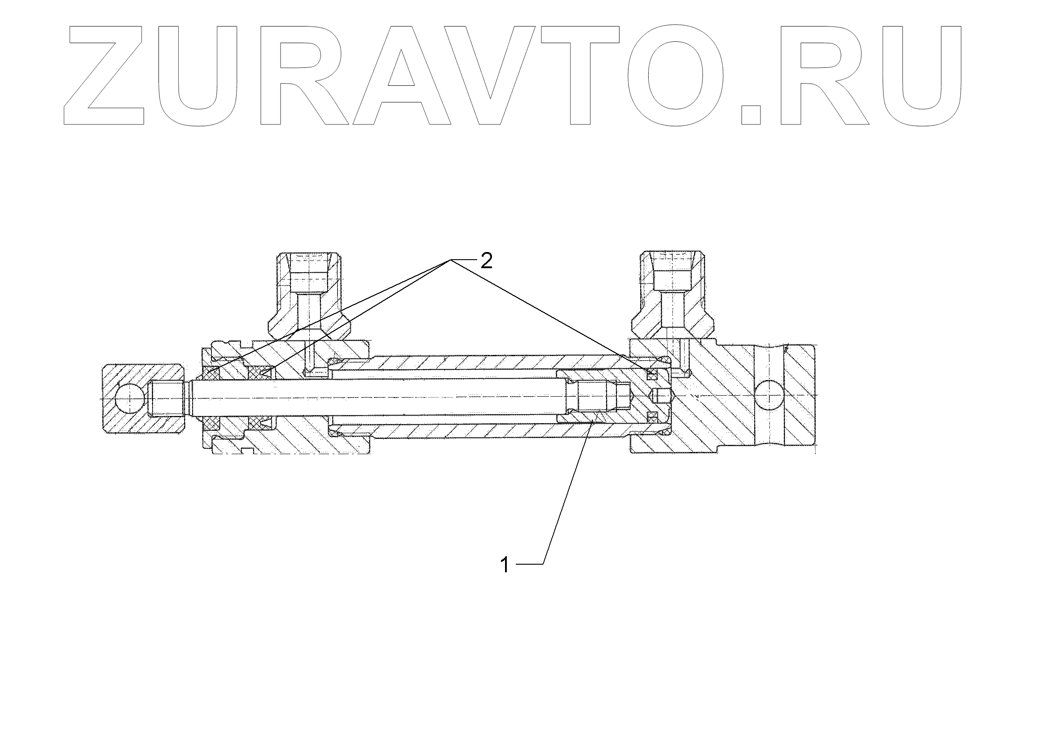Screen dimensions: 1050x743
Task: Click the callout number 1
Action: [505, 565]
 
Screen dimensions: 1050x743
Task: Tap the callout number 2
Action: [486, 261]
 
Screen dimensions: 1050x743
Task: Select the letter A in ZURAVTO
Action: [401, 75]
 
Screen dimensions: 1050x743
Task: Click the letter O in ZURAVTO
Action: [676, 75]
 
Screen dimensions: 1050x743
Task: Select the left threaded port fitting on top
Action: [309, 297]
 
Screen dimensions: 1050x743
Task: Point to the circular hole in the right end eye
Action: [769, 396]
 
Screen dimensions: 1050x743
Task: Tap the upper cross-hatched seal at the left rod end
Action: [213, 373]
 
